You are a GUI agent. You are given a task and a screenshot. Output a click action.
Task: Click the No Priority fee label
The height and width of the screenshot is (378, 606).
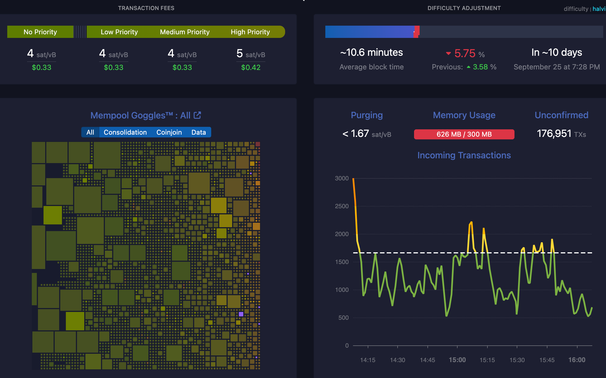[x=40, y=32]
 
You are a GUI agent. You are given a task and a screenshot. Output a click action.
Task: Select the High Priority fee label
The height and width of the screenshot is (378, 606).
[x=250, y=32]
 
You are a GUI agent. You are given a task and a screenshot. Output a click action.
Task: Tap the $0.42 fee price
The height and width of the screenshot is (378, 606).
[x=251, y=67]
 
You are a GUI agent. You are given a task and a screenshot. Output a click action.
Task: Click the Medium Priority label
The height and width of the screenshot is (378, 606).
[x=185, y=32]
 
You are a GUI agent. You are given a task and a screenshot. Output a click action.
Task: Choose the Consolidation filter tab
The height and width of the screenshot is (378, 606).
[x=125, y=132]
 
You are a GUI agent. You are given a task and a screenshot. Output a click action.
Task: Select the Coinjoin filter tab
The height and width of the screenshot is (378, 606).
[x=169, y=132]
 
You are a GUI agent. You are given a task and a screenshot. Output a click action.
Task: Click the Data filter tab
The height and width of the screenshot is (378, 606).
[x=198, y=132]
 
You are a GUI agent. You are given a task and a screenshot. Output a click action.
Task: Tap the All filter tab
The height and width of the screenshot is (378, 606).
[x=90, y=132]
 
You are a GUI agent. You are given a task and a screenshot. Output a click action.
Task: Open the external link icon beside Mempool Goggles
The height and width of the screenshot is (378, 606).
[x=198, y=115]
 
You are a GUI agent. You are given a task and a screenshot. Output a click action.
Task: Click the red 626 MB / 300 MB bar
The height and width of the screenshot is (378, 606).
[x=464, y=134]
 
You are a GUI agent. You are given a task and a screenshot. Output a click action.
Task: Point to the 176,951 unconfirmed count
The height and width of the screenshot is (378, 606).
[x=554, y=134]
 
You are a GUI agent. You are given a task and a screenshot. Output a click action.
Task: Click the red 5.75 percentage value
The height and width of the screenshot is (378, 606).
[x=465, y=53]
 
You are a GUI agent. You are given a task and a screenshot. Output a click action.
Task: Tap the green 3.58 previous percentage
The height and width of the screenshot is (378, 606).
[x=480, y=67]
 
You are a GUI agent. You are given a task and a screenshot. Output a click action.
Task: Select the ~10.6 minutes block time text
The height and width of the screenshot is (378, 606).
[x=371, y=52]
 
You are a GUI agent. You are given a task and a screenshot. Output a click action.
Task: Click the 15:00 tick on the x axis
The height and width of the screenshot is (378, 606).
[x=457, y=360]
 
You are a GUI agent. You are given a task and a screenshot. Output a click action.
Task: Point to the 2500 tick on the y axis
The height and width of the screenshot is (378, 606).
[x=342, y=206]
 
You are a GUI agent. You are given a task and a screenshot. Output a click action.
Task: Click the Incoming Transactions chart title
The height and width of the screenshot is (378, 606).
[x=464, y=155]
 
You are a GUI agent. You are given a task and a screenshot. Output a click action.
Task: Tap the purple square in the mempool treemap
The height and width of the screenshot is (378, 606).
[x=241, y=314]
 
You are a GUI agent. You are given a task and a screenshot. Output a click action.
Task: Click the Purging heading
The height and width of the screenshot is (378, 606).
[x=367, y=115]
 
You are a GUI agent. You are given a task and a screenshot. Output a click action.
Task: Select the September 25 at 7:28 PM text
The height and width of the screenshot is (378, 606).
[x=557, y=67]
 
